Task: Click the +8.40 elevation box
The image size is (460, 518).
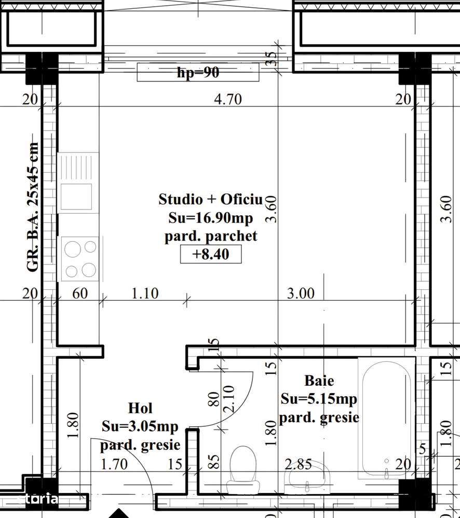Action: point(211,254)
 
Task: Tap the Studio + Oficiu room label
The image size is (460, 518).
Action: point(211,199)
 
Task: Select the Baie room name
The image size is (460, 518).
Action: point(319,381)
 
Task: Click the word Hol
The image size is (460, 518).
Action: point(140,408)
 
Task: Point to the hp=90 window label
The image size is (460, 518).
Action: point(198,73)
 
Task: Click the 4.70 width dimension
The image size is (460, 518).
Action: point(228,99)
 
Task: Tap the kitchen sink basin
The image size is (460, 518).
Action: point(76,197)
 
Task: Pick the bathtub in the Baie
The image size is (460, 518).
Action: point(387,418)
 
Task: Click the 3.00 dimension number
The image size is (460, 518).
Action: point(301,293)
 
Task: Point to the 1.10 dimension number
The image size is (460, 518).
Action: point(145,293)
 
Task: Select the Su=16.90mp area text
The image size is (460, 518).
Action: point(211,218)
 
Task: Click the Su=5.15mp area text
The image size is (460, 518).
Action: point(319,399)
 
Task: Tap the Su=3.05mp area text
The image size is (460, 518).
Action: point(140,426)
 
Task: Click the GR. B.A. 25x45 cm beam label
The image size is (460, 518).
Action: point(33,207)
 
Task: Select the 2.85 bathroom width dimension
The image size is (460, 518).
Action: point(299,465)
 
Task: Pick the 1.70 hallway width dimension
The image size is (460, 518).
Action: point(114,465)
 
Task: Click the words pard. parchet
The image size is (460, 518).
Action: point(211,236)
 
